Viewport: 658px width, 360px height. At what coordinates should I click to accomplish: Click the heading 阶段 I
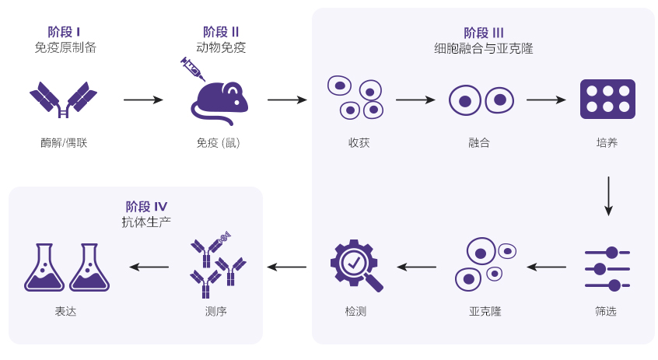click(65, 32)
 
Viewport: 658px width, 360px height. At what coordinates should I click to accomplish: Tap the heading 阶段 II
click(221, 32)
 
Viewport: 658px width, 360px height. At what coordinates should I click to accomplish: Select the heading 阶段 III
click(484, 32)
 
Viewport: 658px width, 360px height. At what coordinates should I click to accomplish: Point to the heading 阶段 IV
click(146, 206)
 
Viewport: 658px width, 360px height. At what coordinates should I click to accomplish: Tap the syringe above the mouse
click(192, 69)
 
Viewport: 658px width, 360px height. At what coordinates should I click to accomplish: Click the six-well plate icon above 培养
click(607, 99)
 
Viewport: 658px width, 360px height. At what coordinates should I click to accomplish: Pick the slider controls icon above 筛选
click(607, 268)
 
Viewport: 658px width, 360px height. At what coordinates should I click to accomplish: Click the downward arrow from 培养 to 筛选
click(608, 196)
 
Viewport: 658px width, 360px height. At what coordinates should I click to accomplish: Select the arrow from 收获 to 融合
click(415, 100)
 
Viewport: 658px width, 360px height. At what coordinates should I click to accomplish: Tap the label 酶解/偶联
click(64, 143)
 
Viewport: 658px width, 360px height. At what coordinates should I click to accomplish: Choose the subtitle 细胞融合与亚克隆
click(484, 48)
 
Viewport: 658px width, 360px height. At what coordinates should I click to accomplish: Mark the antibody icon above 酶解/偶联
click(63, 100)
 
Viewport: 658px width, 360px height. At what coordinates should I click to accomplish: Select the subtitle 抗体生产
click(146, 222)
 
